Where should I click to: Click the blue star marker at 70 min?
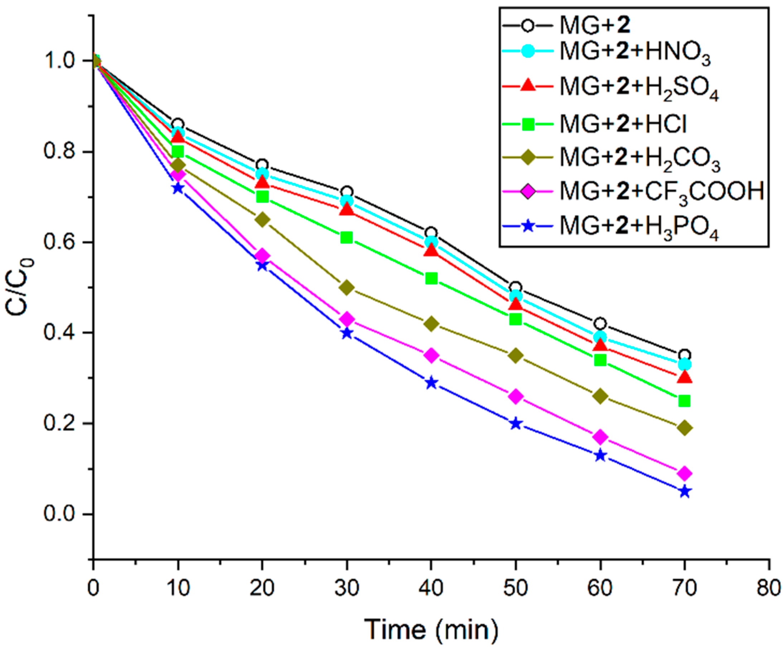[685, 491]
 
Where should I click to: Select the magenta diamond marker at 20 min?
[262, 256]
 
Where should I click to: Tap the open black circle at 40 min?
[431, 233]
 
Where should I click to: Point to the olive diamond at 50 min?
[516, 355]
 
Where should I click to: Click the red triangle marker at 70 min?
[685, 377]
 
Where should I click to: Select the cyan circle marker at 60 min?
[600, 337]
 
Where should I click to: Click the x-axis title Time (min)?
[431, 629]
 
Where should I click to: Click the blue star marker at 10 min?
[178, 188]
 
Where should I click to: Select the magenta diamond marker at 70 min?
[685, 473]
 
